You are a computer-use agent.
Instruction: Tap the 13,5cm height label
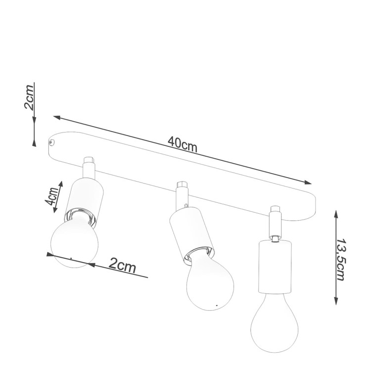(x=341, y=259)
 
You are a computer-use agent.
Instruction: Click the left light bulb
(x=74, y=242)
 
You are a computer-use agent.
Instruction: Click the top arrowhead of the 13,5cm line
(x=336, y=212)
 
